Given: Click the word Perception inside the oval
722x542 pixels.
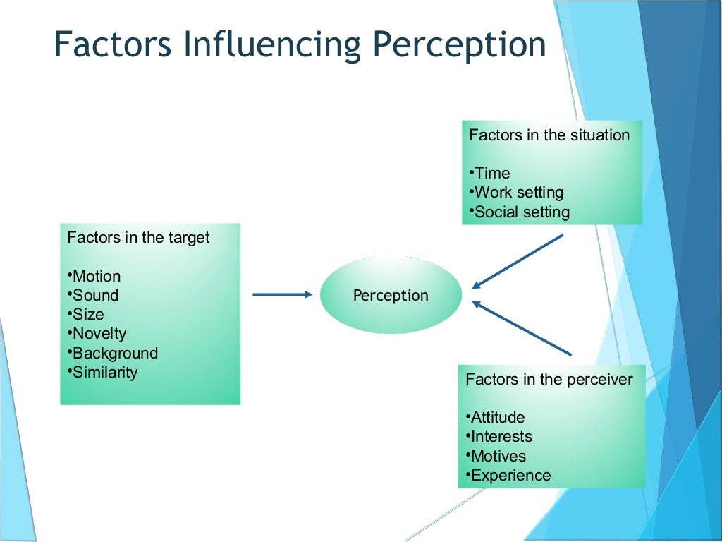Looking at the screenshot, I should tap(391, 295).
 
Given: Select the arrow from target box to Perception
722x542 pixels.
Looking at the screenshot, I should tap(282, 294).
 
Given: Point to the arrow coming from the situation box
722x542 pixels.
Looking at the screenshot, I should tap(518, 261).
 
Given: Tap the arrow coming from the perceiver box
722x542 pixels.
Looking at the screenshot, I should tap(522, 328).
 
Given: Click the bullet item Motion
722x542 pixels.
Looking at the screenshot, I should tap(96, 276).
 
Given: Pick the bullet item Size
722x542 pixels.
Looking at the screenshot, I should tap(87, 314).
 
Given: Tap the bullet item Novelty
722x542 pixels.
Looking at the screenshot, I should tap(99, 333).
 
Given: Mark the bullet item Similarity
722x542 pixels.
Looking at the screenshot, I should tap(104, 372).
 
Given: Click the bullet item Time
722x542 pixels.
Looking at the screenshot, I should tap(491, 173).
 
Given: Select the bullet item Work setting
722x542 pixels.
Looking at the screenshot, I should tap(518, 192).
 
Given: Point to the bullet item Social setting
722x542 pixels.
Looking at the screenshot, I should tap(521, 212).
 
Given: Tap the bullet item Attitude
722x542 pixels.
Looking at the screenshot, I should tap(497, 417).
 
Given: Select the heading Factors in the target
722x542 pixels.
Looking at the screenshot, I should tap(138, 237).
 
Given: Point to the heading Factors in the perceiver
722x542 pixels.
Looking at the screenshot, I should tap(549, 379).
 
